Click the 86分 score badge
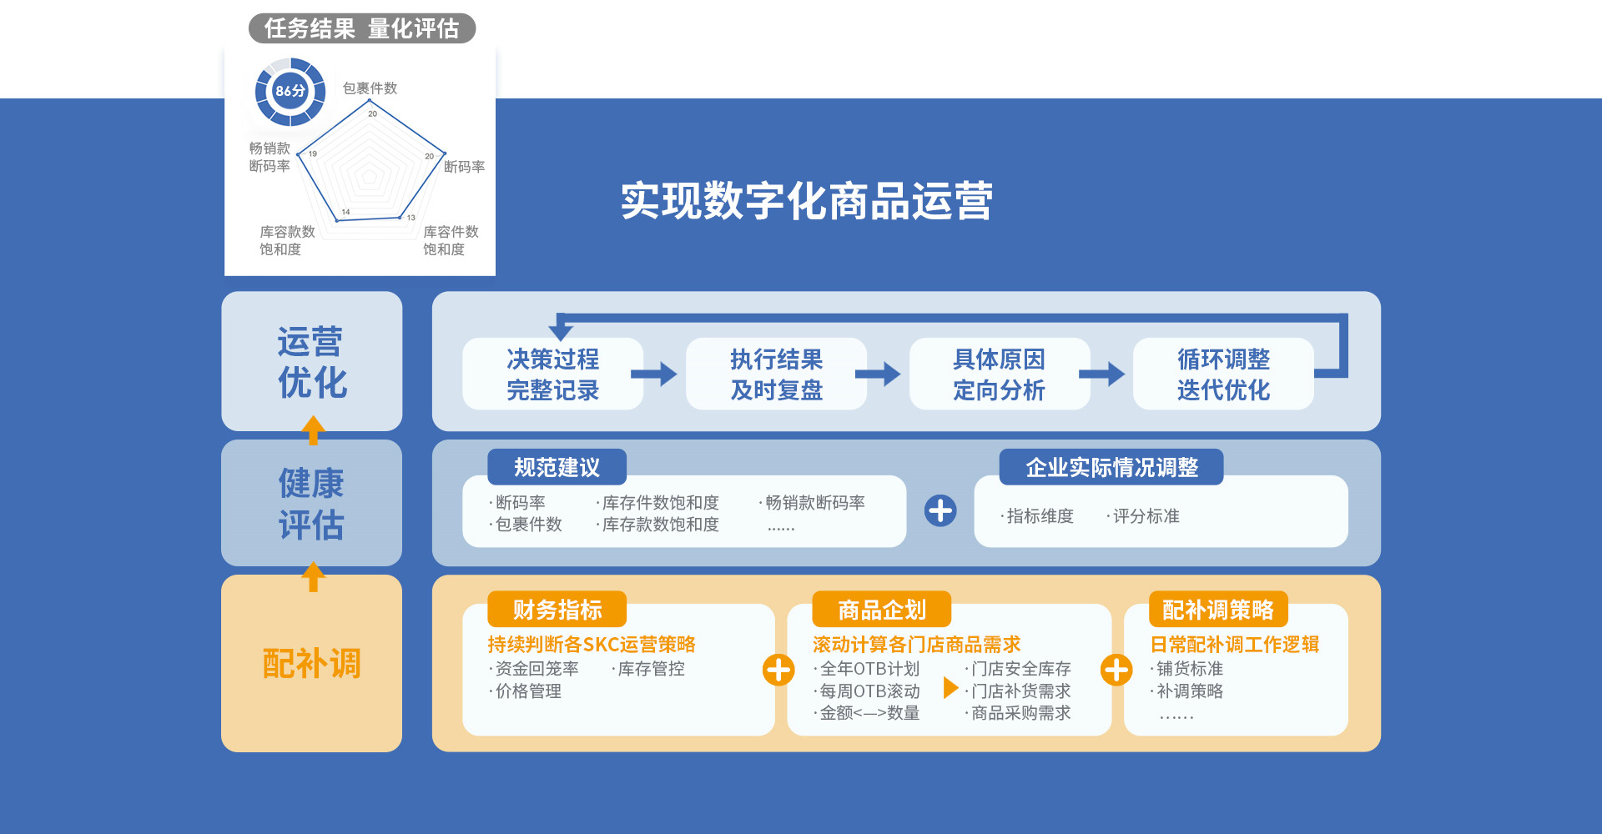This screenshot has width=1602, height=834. tap(290, 91)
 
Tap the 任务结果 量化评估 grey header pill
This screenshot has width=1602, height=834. tap(362, 28)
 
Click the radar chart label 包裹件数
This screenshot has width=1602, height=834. tap(370, 88)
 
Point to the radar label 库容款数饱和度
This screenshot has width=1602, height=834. tap(287, 240)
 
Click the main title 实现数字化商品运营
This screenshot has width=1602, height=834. tap(806, 201)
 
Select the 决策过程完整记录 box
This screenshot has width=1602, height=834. tap(552, 374)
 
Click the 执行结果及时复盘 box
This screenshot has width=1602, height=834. tap(776, 374)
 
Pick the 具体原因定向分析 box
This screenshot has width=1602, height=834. tap(999, 374)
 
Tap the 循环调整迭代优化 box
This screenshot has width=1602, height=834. tap(1222, 374)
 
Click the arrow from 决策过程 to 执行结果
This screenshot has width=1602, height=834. tap(654, 374)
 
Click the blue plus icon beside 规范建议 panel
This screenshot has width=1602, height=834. tap(940, 510)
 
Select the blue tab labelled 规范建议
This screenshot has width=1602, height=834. tap(557, 467)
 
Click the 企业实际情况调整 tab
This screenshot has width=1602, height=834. tap(1111, 467)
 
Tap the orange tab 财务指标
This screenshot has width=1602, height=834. tap(557, 610)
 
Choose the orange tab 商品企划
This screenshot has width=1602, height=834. tap(881, 610)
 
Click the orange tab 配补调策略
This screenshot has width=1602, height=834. tap(1217, 610)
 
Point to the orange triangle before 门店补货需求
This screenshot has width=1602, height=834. tap(950, 688)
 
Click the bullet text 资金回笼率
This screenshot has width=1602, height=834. tap(537, 669)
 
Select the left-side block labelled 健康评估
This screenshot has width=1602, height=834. tap(311, 503)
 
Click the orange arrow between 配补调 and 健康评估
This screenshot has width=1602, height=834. tap(313, 575)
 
